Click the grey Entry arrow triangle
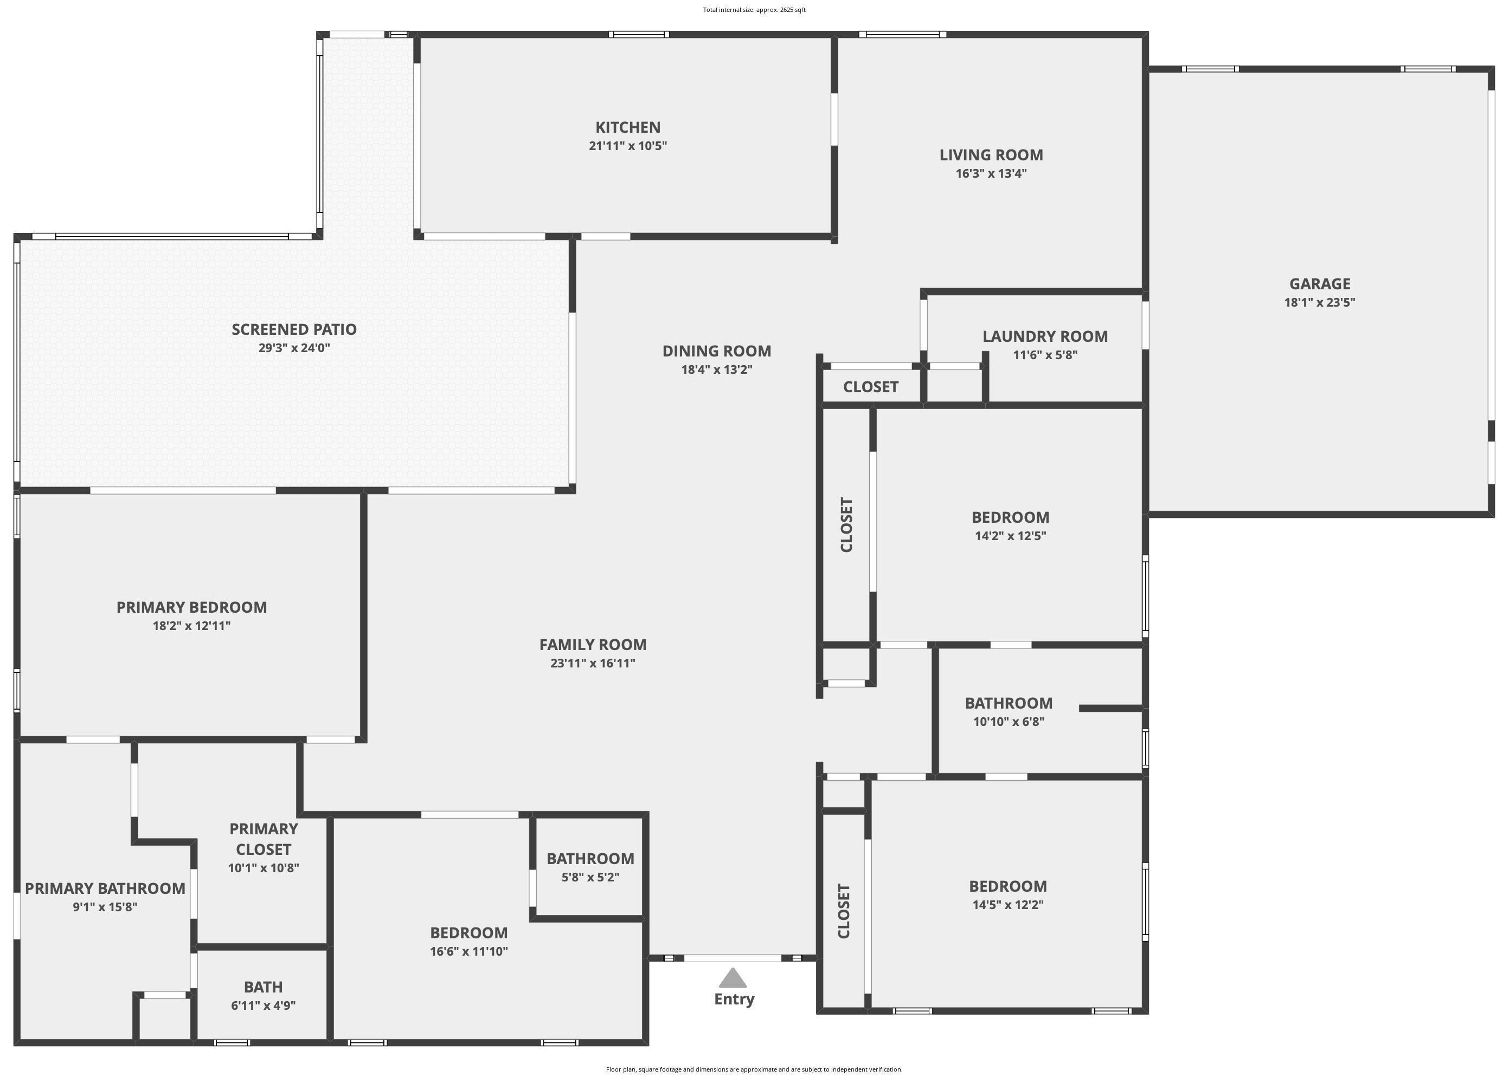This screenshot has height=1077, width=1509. (x=733, y=978)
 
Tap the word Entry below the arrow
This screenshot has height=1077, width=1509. (x=734, y=1000)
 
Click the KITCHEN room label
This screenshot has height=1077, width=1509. (x=628, y=127)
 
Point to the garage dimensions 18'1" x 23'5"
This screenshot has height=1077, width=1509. (x=1319, y=302)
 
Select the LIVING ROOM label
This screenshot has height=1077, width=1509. (x=991, y=155)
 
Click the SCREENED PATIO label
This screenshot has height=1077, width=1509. (x=294, y=329)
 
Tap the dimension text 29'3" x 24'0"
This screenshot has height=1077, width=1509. (x=294, y=348)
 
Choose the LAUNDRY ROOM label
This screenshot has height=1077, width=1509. (x=1044, y=337)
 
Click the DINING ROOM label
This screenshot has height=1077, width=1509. (x=717, y=352)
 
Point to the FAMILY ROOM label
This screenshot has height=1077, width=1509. (x=593, y=645)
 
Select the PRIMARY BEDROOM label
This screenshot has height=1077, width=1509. (x=192, y=607)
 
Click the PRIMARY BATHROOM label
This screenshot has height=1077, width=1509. (x=105, y=888)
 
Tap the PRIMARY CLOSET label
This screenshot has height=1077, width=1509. (x=264, y=839)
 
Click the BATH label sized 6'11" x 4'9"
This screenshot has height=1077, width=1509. (x=264, y=987)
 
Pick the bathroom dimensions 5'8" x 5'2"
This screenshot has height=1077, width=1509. (x=590, y=878)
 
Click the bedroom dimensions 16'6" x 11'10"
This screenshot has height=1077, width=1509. (x=468, y=952)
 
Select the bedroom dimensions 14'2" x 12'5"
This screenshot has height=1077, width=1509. (x=1010, y=536)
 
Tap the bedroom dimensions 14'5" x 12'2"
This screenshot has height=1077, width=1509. (x=1007, y=905)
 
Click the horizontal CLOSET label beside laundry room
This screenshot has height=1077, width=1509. (x=871, y=387)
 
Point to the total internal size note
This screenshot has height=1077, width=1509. (x=754, y=10)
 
